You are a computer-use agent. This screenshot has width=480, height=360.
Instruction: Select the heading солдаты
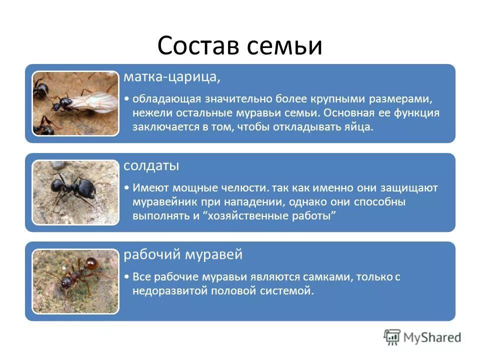pyautogui.click(x=151, y=165)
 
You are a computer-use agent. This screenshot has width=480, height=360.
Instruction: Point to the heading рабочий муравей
pyautogui.click(x=183, y=254)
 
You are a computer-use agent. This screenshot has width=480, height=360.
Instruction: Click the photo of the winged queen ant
pyautogui.click(x=75, y=103)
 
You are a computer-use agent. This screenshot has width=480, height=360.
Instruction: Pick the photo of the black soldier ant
pyautogui.click(x=75, y=192)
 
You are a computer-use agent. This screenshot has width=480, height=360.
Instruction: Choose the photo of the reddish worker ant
pyautogui.click(x=75, y=281)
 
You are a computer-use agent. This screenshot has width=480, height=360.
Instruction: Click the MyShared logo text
pyautogui.click(x=432, y=337)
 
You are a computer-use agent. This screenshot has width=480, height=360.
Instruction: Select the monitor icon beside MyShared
pyautogui.click(x=392, y=337)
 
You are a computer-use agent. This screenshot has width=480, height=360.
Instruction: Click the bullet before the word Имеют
pyautogui.click(x=128, y=188)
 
